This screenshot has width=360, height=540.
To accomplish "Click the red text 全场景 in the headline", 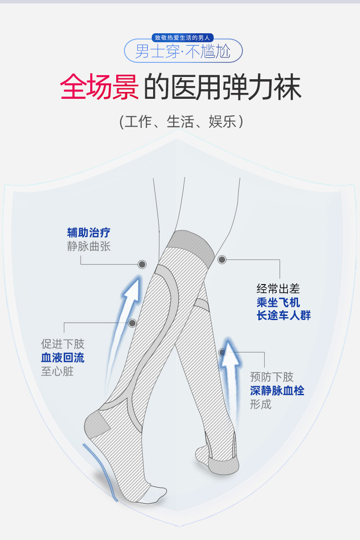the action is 99,87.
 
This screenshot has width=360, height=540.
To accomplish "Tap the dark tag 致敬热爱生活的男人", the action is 182,37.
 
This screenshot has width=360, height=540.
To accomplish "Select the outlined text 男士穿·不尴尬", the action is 183,51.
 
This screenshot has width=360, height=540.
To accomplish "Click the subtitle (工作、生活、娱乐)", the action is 181,122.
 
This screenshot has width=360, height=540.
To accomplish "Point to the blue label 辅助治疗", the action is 88,233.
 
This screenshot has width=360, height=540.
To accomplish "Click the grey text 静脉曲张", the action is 88,246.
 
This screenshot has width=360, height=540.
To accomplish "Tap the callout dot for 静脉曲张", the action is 142,264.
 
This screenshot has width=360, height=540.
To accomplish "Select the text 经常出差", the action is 278,289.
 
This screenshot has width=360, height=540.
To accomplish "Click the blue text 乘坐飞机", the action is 278,302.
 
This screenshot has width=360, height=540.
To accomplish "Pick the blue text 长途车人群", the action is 283,315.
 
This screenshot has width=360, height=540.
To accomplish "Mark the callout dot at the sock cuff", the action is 222,260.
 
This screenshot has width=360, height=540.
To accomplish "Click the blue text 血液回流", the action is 62,357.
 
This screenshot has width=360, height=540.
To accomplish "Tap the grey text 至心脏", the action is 57,371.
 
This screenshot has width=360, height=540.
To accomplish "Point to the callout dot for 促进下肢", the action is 133,323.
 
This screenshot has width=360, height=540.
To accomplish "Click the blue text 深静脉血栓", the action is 277,391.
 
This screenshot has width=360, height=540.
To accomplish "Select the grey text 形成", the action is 261,404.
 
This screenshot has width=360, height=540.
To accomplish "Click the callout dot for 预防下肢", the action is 222,352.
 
